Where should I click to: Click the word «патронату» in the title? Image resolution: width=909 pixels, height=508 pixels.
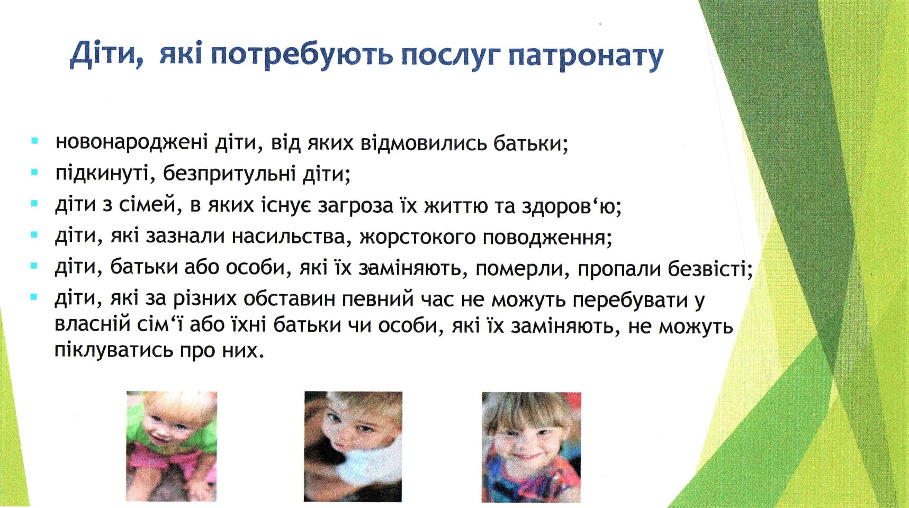coord(585,56)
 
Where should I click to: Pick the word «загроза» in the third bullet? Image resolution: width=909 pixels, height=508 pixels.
coord(355,205)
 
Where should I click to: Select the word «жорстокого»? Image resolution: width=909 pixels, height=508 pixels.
coord(418,237)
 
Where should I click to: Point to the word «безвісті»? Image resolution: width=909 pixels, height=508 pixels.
coord(710,268)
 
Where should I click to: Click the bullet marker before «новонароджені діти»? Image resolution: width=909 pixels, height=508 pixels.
coord(35,141)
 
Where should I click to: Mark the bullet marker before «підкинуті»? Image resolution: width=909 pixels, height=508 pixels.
coord(35,172)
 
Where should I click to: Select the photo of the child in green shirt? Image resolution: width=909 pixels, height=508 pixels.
coord(172,446)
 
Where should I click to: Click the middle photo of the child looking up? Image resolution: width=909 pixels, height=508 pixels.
coord(353,446)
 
